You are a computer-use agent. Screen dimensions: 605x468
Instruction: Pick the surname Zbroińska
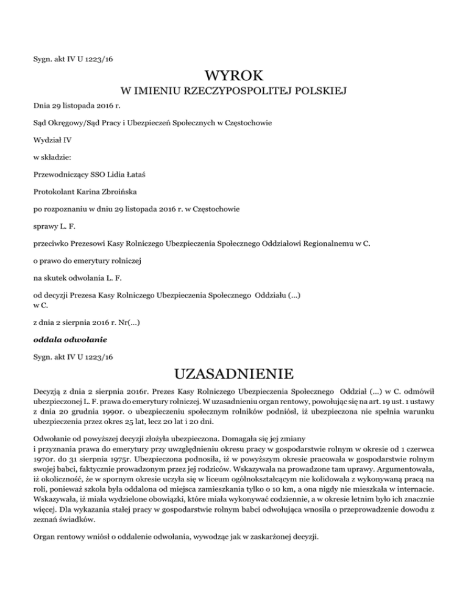coord(115,192)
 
